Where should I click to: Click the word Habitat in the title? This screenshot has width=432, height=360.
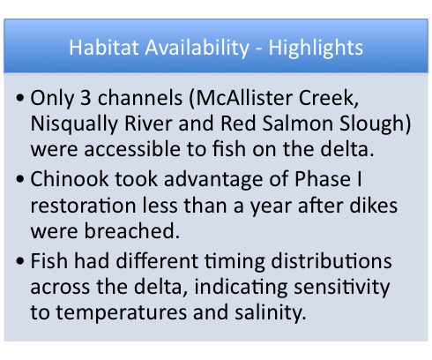point(103,48)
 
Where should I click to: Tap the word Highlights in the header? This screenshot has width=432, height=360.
point(316,49)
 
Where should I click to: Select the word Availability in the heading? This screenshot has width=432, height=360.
point(197,49)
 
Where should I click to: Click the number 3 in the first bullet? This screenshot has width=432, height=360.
point(86,98)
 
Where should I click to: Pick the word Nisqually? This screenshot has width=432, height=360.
point(74,124)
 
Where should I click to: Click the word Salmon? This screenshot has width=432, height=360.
point(297,123)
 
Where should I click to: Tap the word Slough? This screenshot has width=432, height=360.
point(372,124)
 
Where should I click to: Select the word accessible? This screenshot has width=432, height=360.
point(132,148)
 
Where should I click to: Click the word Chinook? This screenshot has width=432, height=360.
point(70,179)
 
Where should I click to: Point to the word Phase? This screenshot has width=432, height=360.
point(323,179)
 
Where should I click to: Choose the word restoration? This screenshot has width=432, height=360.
point(83,205)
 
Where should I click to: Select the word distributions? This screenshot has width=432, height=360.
point(331,261)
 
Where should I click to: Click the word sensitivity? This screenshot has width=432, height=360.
point(342,288)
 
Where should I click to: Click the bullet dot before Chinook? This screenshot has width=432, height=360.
point(20,179)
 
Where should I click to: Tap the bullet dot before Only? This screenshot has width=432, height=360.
point(20,98)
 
